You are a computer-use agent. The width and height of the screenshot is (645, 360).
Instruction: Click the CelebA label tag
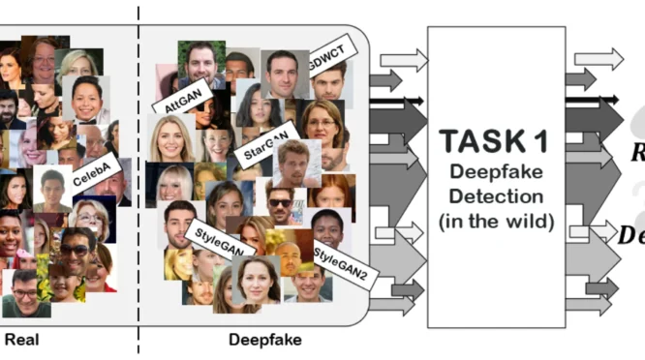[95, 170]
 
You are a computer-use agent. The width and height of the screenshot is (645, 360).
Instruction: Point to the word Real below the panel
[20, 340]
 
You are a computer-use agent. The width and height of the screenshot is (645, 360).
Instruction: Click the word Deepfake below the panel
[264, 340]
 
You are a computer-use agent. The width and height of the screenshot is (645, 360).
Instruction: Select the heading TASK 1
[496, 142]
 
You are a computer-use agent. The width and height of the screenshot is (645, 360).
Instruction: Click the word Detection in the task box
[496, 197]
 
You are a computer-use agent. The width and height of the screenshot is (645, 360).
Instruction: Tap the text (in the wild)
[496, 221]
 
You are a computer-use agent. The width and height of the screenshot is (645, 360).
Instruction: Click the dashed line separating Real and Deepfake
[138, 174]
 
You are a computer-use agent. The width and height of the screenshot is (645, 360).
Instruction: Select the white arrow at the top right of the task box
[599, 58]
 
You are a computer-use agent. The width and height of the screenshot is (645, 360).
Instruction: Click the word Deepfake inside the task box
[496, 174]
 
